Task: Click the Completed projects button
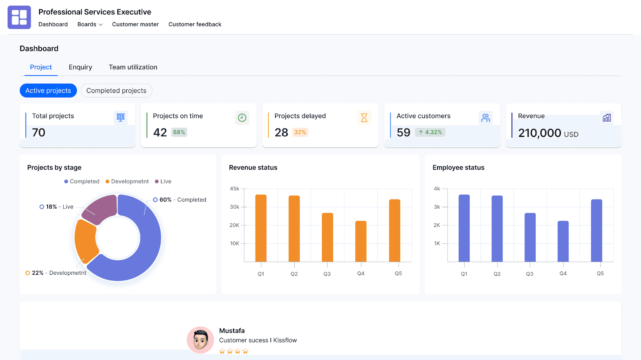pyautogui.click(x=116, y=91)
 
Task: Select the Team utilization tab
pyautogui.click(x=133, y=67)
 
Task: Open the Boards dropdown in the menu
pyautogui.click(x=90, y=24)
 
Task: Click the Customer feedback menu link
pyautogui.click(x=195, y=24)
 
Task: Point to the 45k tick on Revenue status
pyautogui.click(x=234, y=189)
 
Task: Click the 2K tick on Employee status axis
pyautogui.click(x=437, y=225)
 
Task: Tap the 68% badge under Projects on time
pyautogui.click(x=179, y=132)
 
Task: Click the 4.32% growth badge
pyautogui.click(x=430, y=132)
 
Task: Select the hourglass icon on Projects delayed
pyautogui.click(x=364, y=118)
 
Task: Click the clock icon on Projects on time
pyautogui.click(x=242, y=118)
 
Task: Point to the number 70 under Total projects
pyautogui.click(x=38, y=133)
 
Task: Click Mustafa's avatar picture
pyautogui.click(x=200, y=340)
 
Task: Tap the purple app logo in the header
pyautogui.click(x=19, y=17)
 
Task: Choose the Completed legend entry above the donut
pyautogui.click(x=82, y=181)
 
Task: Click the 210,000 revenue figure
pyautogui.click(x=539, y=133)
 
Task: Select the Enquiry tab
pyautogui.click(x=80, y=67)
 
